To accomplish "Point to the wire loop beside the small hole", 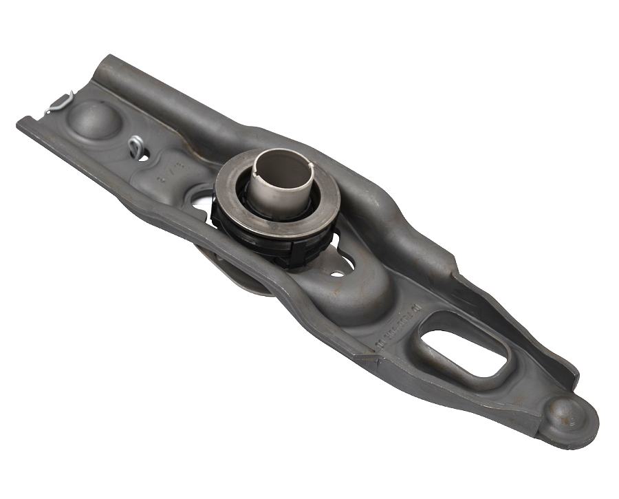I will click(x=135, y=145).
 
